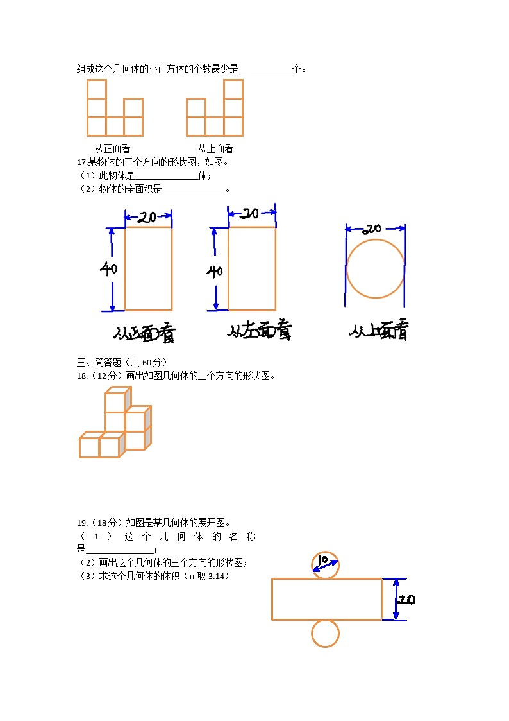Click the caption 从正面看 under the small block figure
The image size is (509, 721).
coord(112,148)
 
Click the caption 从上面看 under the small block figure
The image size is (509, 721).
coord(215,148)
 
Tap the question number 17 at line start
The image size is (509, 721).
coord(81,162)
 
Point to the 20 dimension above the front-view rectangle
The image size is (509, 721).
coord(147,218)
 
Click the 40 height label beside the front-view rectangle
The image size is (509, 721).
coord(108,269)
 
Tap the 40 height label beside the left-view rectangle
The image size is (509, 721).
coord(214,271)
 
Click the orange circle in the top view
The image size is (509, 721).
coord(375,268)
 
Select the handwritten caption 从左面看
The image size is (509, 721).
coord(260,331)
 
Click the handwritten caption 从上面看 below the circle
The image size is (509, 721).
coord(378,331)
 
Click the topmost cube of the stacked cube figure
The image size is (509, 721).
coord(116,401)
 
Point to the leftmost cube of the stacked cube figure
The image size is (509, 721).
coord(90,446)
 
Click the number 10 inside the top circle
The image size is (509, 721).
coord(324,560)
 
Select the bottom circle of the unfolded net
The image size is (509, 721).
coord(325,633)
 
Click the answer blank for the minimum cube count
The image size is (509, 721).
coord(265,69)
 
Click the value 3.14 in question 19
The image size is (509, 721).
coord(219,576)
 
